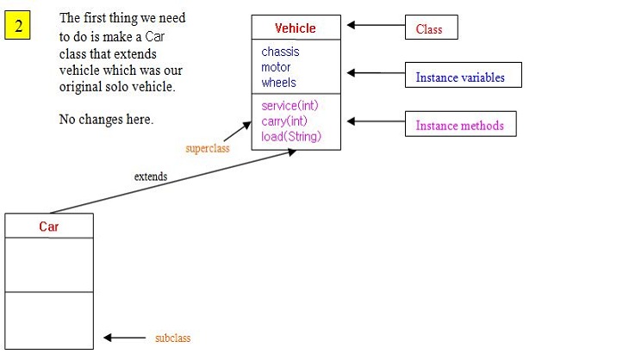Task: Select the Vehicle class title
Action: pyautogui.click(x=296, y=28)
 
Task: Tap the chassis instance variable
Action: pyautogui.click(x=281, y=52)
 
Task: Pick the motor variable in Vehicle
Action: pyautogui.click(x=277, y=67)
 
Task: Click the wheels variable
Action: pyautogui.click(x=279, y=83)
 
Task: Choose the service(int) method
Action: pyautogui.click(x=290, y=105)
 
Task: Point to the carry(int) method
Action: pyautogui.click(x=285, y=121)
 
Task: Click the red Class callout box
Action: pyautogui.click(x=431, y=28)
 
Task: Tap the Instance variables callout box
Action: pyautogui.click(x=460, y=77)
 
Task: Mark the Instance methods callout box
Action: pyautogui.click(x=460, y=125)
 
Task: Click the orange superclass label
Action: pyautogui.click(x=206, y=148)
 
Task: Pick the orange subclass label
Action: pyautogui.click(x=172, y=338)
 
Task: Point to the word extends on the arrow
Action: pyautogui.click(x=151, y=177)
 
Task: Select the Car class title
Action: pyautogui.click(x=49, y=227)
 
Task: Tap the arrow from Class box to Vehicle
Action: pyautogui.click(x=374, y=26)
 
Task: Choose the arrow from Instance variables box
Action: pyautogui.click(x=374, y=74)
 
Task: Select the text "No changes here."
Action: pyautogui.click(x=106, y=120)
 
